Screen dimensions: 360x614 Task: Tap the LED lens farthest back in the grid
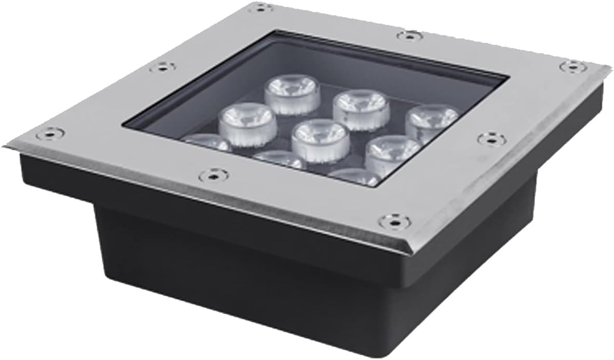coord(292,93)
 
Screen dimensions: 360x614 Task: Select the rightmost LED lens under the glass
coord(431,122)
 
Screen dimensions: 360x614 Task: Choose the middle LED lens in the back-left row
coord(247,122)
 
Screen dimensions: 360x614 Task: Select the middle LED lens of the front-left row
coord(280,159)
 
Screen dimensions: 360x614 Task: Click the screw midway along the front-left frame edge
coord(213,175)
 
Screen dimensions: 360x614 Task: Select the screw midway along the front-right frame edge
coord(490,139)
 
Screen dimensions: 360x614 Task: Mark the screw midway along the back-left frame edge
coord(162,66)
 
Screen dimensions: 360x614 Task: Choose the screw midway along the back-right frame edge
coord(410,35)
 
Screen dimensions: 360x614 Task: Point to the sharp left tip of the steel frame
coord(4,145)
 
